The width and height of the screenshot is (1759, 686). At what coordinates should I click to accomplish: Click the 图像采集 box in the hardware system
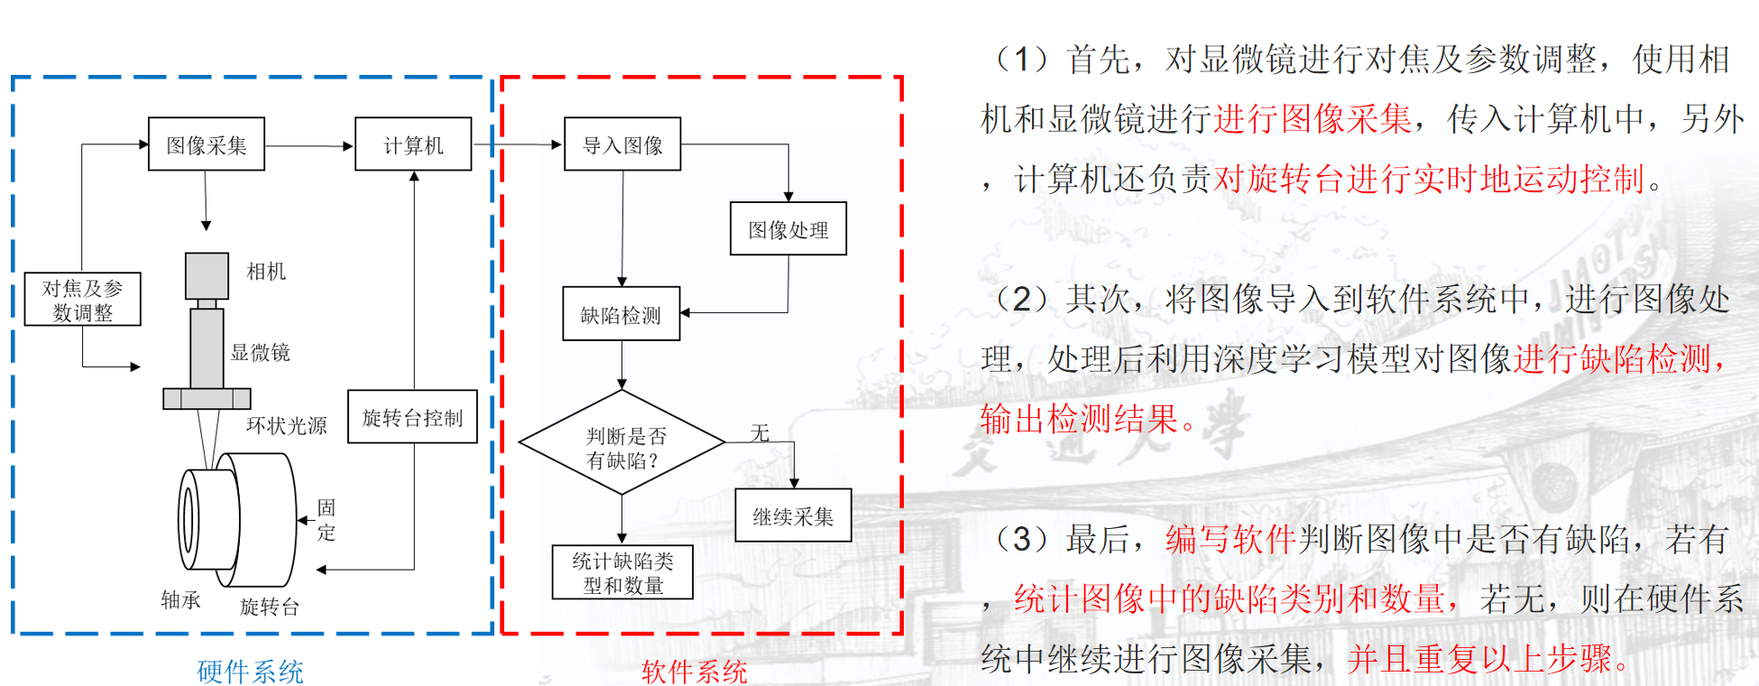tap(207, 144)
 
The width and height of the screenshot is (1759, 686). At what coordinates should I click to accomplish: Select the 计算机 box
tap(413, 144)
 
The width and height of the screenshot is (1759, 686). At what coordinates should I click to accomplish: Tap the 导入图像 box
tap(622, 144)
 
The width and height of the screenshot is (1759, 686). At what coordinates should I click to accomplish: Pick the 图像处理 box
tap(787, 229)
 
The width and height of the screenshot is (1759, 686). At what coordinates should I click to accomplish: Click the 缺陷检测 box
tap(621, 314)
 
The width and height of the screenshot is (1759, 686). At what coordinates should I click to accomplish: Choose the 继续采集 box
tap(793, 516)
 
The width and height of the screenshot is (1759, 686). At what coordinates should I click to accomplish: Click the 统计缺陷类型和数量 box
tap(622, 573)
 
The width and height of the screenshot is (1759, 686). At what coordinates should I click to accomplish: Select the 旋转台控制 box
tap(412, 417)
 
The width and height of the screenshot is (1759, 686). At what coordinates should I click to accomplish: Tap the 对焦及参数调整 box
tap(82, 300)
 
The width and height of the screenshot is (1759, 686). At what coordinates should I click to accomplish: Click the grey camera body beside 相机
tap(207, 275)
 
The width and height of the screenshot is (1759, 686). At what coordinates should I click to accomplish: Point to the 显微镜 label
tap(261, 353)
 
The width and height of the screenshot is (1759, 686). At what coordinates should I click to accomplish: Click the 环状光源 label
tap(286, 425)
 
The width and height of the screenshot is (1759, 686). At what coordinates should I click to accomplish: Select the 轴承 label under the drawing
tap(180, 600)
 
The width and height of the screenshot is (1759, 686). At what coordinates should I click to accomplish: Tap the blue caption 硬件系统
tap(250, 671)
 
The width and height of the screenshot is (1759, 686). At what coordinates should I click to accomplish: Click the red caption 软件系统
tap(694, 671)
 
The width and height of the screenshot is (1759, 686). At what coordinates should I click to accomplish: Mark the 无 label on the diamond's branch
tap(760, 433)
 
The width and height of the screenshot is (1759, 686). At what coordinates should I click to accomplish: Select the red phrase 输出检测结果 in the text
tap(1081, 419)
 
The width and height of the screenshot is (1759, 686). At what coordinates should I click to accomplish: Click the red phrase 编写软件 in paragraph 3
tap(1230, 540)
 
